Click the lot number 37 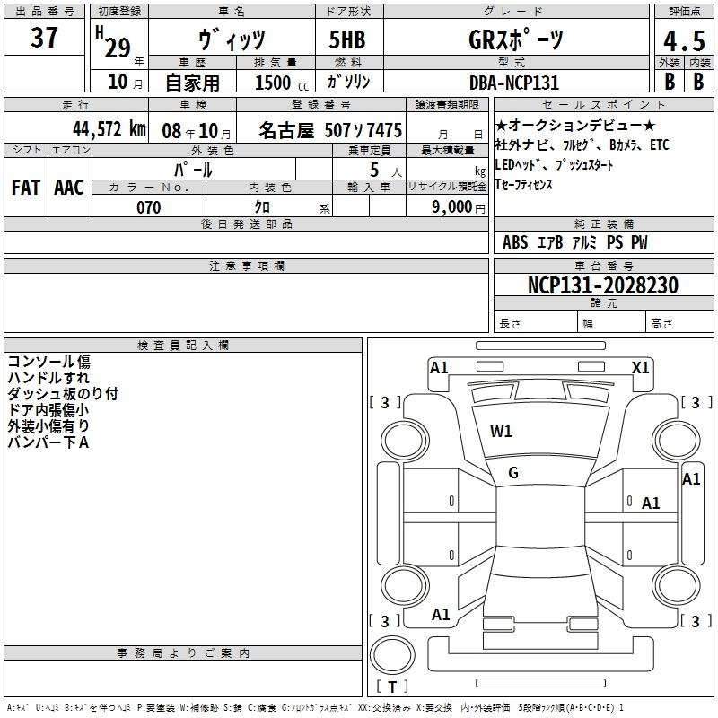pos(44,37)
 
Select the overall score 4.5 pos(684,41)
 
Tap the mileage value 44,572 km pos(109,128)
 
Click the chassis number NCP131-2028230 pos(602,285)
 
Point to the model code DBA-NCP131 pos(514,83)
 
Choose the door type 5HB pos(347,39)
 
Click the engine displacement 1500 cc pos(282,83)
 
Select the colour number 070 pos(149,207)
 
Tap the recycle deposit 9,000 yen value pos(459,207)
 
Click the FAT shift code pos(26,188)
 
